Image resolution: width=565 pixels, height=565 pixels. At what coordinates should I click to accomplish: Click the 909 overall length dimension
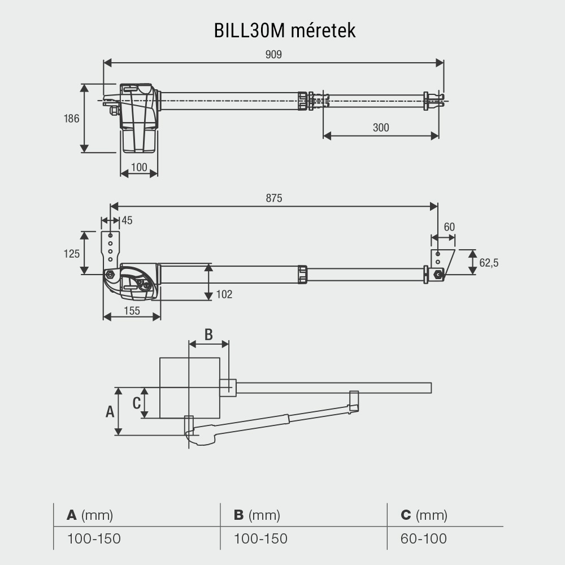point(273,54)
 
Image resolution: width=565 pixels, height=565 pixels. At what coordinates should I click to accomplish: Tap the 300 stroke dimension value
point(381,127)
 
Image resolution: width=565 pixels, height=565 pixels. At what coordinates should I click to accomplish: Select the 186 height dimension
point(71,119)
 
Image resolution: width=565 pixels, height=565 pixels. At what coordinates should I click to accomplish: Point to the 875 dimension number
point(273,198)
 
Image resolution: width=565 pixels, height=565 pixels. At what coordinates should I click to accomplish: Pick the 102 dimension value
point(224,294)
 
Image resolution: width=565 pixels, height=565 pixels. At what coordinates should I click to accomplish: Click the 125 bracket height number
point(71,254)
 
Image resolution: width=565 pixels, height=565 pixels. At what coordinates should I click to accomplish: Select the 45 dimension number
point(127,220)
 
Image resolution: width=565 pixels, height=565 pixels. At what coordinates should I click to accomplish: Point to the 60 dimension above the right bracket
point(449,227)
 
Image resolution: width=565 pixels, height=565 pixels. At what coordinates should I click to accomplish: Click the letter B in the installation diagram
point(208,334)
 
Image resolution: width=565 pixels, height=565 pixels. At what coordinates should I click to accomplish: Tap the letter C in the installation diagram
point(136,403)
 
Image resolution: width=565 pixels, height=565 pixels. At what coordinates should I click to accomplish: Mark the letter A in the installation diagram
point(110,411)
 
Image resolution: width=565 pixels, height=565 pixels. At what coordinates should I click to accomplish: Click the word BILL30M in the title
point(249,31)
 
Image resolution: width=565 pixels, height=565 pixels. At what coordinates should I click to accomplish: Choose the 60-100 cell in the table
point(424,538)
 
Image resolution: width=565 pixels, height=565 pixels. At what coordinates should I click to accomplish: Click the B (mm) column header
point(257,515)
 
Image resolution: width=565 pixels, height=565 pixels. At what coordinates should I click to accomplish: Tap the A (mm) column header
point(90,515)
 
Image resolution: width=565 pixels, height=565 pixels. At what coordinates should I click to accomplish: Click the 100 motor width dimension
point(138,167)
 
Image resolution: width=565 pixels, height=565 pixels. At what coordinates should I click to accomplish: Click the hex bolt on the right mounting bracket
point(438,275)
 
